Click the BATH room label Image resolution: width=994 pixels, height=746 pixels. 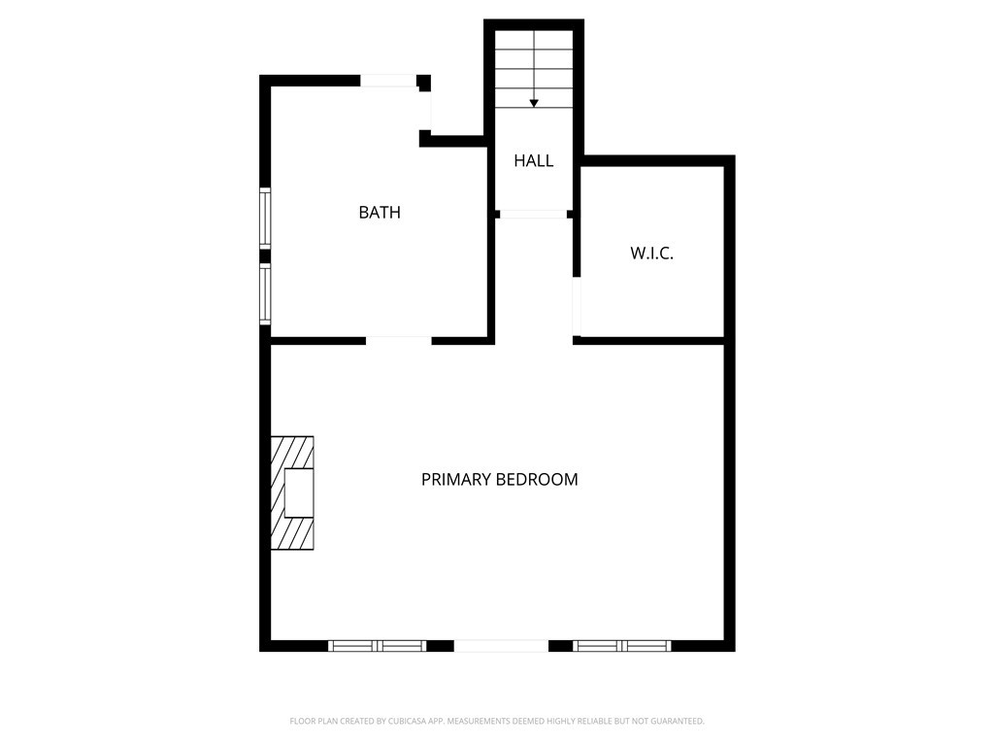(380, 213)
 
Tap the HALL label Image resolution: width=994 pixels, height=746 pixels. (534, 161)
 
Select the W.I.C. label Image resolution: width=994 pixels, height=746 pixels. (652, 254)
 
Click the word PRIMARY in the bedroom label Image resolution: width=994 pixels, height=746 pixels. (456, 480)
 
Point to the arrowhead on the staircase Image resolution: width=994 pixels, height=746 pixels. (534, 103)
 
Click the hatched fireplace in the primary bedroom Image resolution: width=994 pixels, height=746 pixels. (291, 493)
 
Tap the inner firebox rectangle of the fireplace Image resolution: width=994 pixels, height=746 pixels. (299, 493)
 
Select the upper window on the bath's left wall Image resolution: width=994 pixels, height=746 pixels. (264, 218)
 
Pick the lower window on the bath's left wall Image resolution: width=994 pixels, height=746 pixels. (264, 293)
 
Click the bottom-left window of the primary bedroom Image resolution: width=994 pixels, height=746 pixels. (378, 646)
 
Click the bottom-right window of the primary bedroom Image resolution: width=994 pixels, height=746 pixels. (622, 646)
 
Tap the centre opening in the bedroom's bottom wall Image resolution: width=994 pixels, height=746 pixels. (501, 646)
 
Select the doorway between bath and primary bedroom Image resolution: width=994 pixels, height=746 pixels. (398, 340)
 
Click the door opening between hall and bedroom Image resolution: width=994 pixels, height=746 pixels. (533, 214)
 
